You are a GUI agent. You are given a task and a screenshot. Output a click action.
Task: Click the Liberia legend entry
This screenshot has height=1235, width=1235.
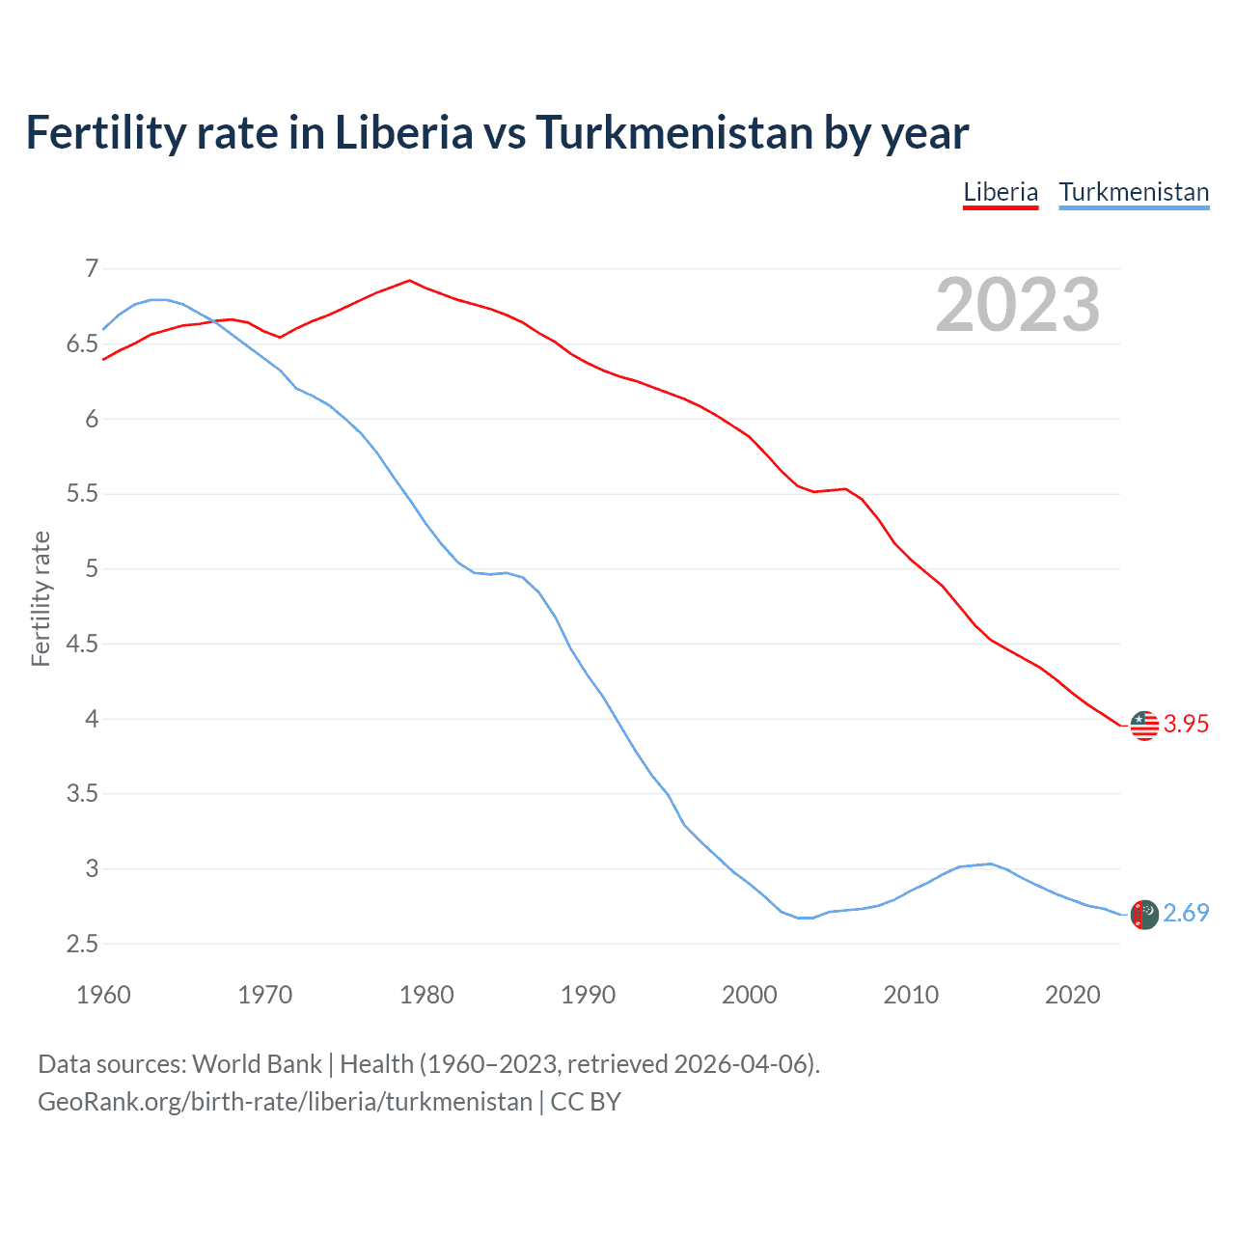tap(1001, 192)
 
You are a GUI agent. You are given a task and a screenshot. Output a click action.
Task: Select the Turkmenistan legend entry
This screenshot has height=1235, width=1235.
tap(1134, 192)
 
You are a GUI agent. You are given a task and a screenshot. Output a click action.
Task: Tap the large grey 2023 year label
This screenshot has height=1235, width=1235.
tap(1018, 305)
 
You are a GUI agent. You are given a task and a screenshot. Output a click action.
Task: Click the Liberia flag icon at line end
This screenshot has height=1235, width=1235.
tap(1144, 725)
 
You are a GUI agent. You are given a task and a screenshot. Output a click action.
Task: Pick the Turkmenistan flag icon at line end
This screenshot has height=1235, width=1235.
tap(1144, 914)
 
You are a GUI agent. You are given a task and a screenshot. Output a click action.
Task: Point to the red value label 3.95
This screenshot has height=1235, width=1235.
tap(1186, 725)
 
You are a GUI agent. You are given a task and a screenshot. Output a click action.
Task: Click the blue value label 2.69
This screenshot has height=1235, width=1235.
tap(1186, 914)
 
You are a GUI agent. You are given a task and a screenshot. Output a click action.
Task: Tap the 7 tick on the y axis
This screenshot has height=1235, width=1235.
tap(92, 268)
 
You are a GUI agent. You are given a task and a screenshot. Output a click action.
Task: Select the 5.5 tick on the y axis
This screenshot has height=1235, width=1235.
tap(82, 494)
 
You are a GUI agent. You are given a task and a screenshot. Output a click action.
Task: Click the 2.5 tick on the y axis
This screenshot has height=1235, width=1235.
tap(82, 944)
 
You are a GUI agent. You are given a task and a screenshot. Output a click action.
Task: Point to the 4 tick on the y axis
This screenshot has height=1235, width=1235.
tap(92, 719)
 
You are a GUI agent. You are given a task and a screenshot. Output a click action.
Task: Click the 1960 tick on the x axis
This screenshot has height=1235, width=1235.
tap(103, 995)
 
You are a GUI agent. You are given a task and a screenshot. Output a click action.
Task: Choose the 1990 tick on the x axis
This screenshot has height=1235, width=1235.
tap(588, 995)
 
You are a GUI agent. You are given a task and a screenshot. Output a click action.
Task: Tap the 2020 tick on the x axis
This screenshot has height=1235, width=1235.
tap(1072, 995)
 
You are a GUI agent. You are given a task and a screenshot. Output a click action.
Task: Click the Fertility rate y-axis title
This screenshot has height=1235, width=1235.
tap(41, 598)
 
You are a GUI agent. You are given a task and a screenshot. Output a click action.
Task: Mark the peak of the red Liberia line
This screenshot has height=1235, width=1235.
tap(410, 281)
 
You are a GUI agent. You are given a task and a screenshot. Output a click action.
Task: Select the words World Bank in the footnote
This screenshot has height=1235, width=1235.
tap(257, 1064)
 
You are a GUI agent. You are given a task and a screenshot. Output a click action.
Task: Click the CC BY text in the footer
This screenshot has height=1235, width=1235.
tap(586, 1102)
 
